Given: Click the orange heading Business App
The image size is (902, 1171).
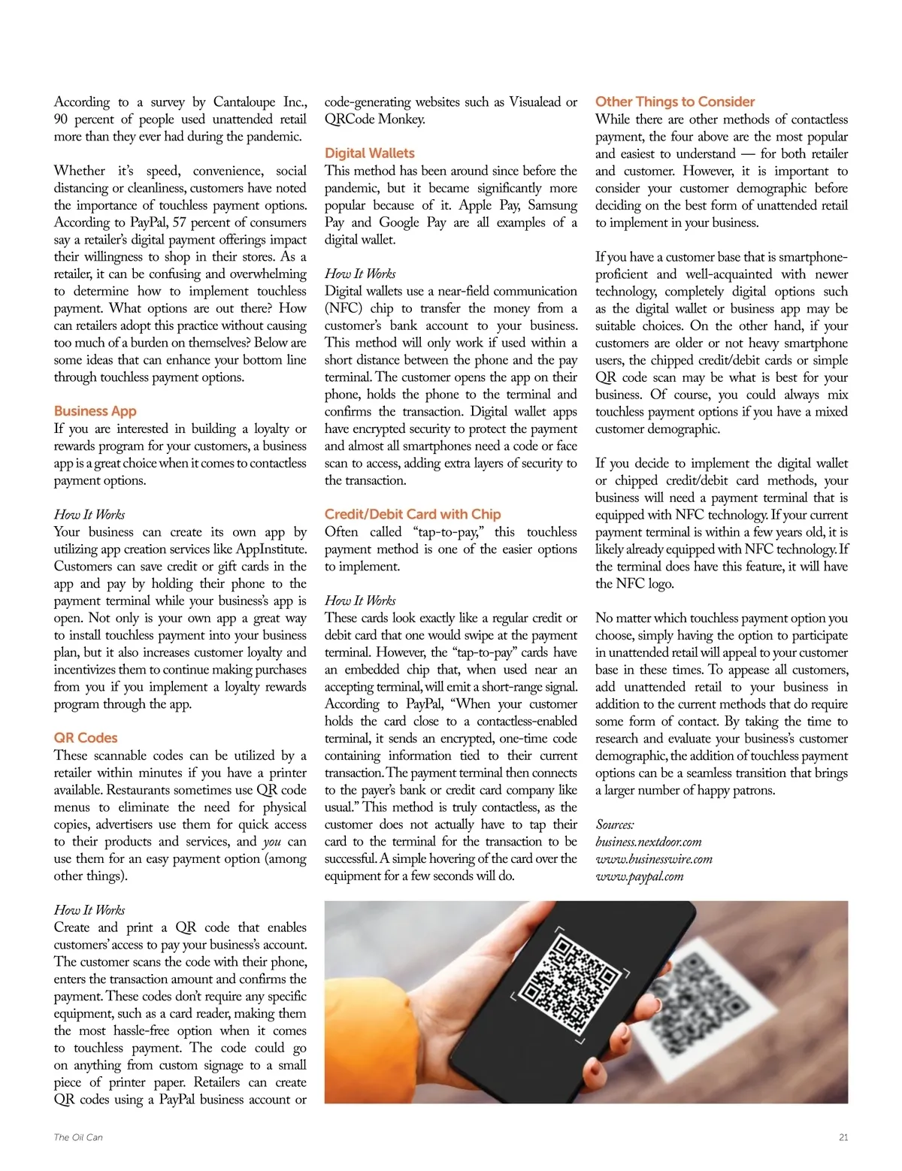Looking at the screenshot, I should tap(95, 411).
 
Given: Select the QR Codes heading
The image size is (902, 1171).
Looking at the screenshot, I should tap(86, 738).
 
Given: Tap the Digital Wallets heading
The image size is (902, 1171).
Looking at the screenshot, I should tap(369, 153).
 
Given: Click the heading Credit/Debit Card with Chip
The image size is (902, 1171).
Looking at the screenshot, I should tap(413, 514).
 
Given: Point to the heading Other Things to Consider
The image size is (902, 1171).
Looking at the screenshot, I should tap(674, 101).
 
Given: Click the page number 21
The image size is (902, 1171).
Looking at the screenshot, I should tap(843, 1137).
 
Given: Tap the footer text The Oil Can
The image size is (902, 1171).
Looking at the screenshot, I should tap(78, 1137).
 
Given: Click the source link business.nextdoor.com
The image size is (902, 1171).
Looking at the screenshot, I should tap(648, 842).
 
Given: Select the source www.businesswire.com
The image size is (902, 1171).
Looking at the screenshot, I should tap(653, 859).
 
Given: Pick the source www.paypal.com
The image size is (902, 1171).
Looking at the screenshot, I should tap(639, 876).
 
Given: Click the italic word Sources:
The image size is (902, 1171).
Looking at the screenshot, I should tap(614, 825).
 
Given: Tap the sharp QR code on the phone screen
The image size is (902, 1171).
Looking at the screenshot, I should tap(566, 985).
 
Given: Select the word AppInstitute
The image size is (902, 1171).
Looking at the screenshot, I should tap(271, 549).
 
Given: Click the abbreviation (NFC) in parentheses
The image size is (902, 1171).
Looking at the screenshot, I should tap(343, 308).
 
